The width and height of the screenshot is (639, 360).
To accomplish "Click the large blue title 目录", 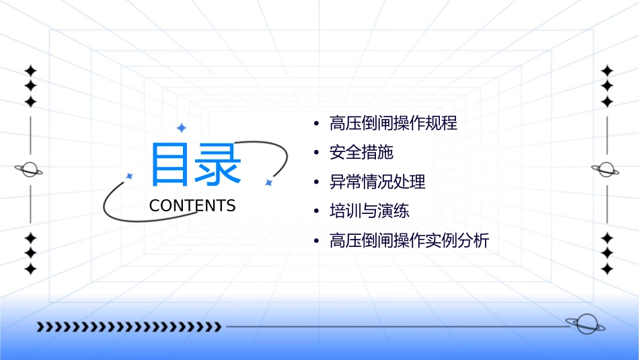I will point(195,165).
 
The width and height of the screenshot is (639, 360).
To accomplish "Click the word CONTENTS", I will point(192,206).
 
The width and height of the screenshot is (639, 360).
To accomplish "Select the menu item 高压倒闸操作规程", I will point(393,124).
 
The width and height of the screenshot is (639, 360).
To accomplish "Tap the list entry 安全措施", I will point(361,153).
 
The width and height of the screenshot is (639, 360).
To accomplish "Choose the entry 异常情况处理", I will point(377,182).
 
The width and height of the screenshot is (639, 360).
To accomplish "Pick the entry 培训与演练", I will point(369,211).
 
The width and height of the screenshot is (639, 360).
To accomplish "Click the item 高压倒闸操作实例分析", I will point(409,240).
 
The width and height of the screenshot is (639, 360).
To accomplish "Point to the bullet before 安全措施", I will point(316,153).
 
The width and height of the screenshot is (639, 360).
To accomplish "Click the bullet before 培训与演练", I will point(316,211).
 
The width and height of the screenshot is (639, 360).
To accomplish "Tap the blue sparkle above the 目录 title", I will point(181,128).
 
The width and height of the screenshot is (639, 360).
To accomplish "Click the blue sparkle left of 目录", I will point(129,176).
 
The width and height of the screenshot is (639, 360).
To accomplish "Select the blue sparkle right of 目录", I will point(268,182).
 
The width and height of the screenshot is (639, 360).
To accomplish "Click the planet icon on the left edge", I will point(29,170).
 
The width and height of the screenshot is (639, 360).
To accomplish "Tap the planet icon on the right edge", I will point(606,170).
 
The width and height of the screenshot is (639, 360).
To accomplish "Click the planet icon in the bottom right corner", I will point(585,324).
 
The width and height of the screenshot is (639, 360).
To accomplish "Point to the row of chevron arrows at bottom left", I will point(128,327).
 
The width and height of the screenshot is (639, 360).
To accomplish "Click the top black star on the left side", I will point(30,71).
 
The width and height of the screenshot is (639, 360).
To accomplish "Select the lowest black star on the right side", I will point(607,269).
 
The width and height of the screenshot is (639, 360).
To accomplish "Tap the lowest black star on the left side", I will point(30,269).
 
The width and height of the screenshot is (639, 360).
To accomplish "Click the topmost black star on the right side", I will point(607,71).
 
